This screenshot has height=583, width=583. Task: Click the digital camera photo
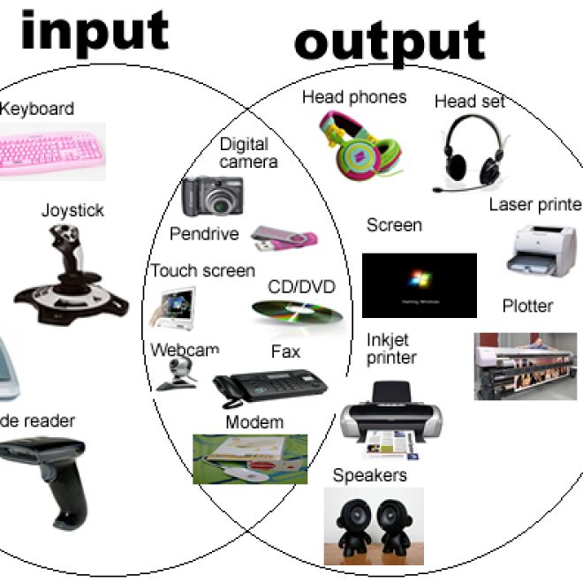click(x=212, y=196)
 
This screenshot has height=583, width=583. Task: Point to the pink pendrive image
click(x=284, y=237)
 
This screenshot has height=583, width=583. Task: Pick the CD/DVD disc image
click(x=296, y=311)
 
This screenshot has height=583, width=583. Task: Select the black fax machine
click(x=269, y=384)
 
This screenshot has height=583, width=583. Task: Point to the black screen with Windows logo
click(x=419, y=284)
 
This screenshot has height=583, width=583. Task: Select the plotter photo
click(x=526, y=366)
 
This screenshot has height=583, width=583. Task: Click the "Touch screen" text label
click(x=202, y=271)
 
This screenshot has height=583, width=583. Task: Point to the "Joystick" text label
click(x=72, y=210)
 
